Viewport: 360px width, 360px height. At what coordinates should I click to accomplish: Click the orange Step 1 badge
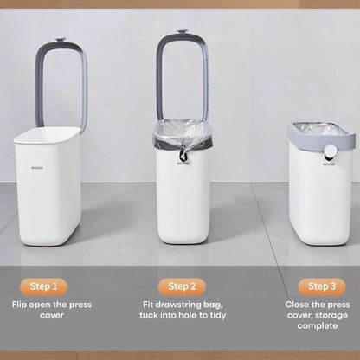tap(43, 286)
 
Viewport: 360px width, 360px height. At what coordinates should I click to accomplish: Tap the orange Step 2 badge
tap(182, 286)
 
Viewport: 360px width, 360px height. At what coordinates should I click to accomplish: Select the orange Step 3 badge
tap(322, 286)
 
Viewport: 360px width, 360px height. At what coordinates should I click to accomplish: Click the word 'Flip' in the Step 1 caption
tap(19, 305)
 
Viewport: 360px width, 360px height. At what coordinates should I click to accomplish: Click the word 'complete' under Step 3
tap(318, 326)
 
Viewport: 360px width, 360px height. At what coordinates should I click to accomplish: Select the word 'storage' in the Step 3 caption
tap(331, 315)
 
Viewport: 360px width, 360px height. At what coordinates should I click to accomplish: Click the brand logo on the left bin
tap(37, 167)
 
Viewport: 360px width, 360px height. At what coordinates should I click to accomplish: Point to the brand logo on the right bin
tap(329, 164)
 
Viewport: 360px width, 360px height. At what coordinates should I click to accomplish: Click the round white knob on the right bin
tap(329, 151)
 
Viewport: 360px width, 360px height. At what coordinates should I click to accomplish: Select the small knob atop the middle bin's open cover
tap(182, 31)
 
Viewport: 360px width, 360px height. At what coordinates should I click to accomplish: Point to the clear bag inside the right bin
tap(320, 128)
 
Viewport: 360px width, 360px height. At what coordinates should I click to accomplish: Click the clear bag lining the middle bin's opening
tap(183, 132)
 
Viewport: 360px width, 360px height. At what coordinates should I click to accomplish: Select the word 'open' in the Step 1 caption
tap(39, 305)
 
